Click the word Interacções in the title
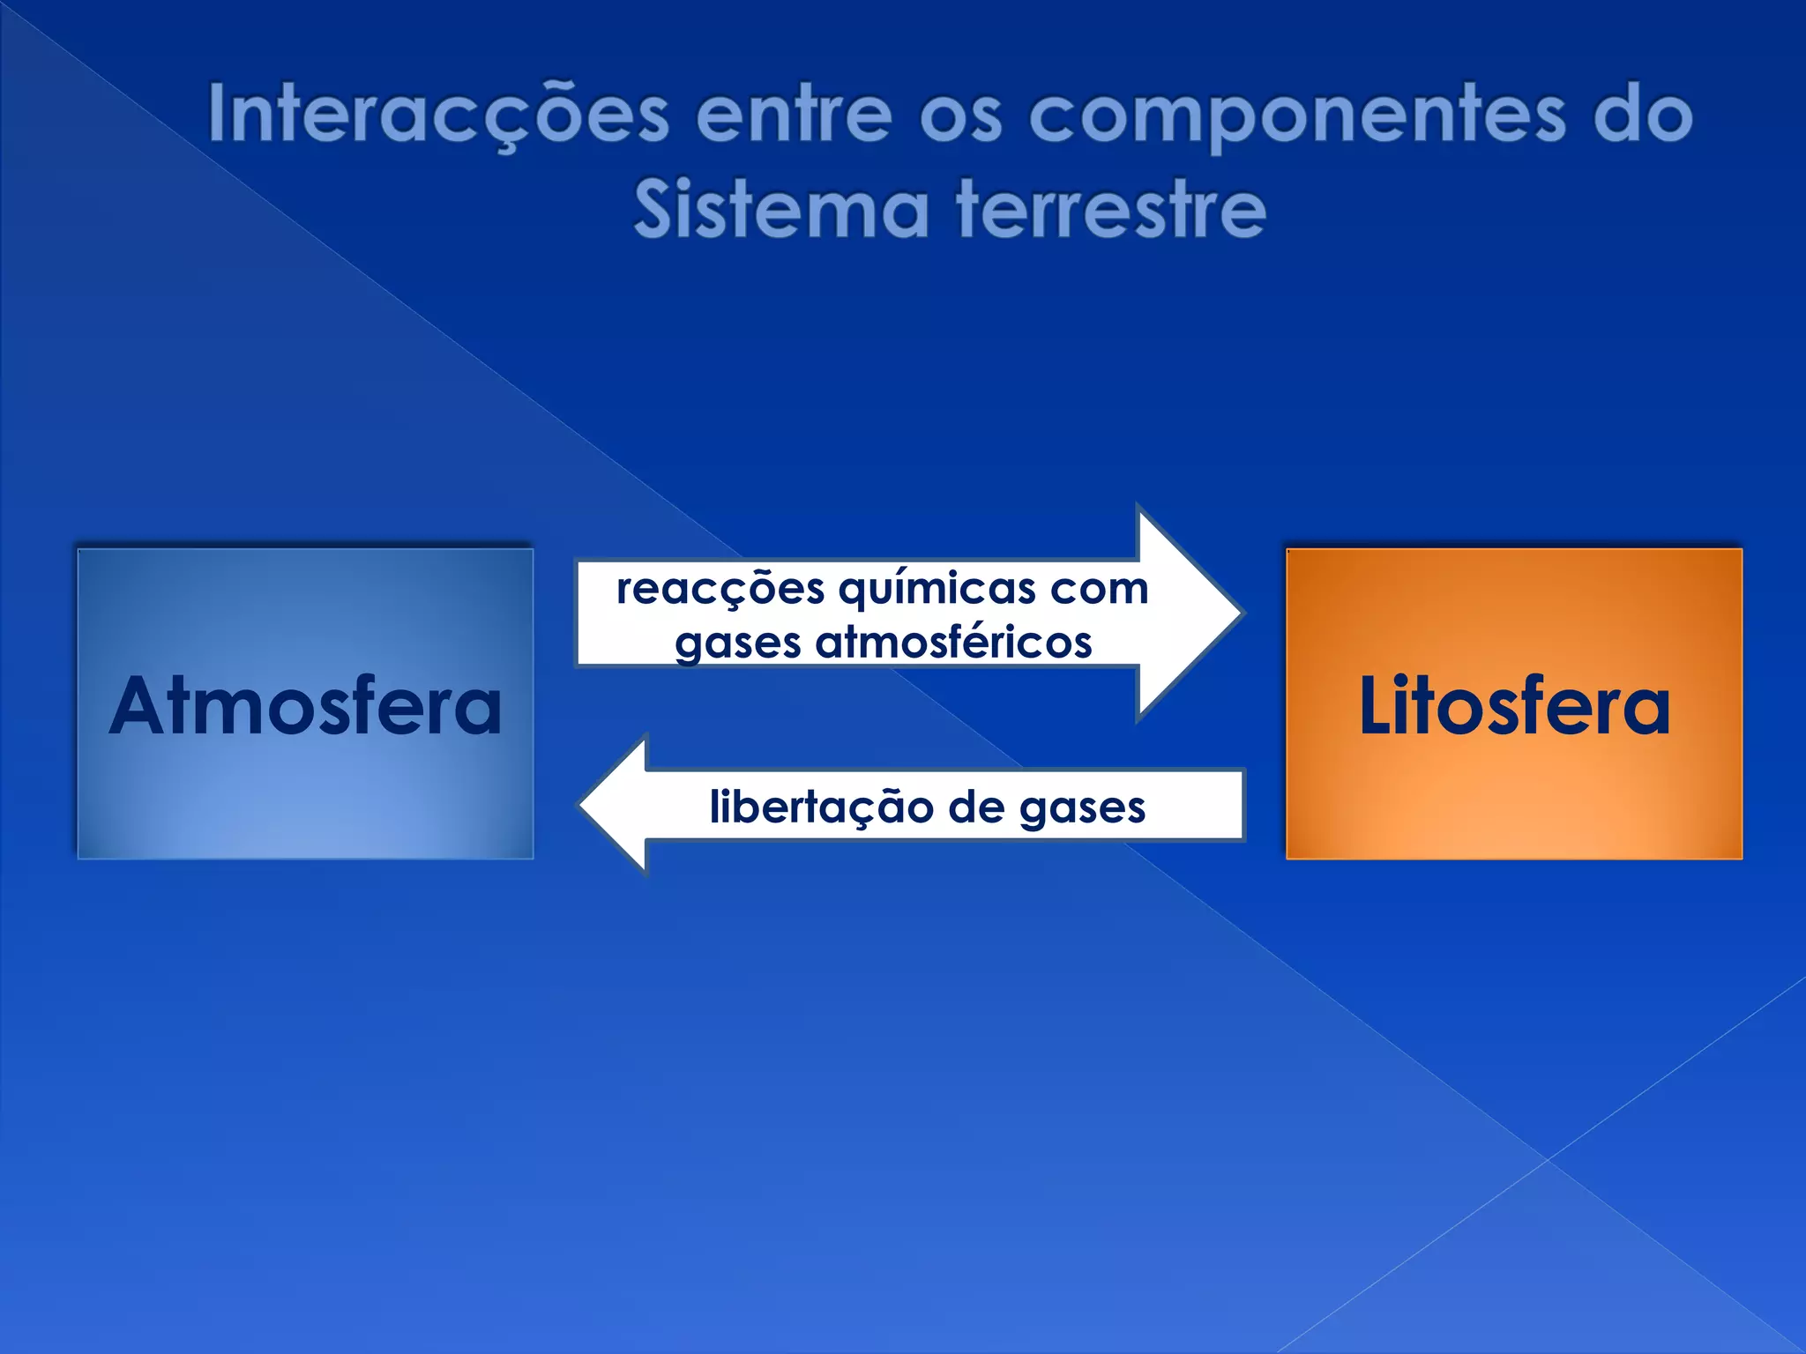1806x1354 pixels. tap(438, 115)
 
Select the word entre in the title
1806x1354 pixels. tap(794, 115)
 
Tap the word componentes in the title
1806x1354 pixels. tap(1297, 116)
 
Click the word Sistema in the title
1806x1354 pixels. tap(781, 210)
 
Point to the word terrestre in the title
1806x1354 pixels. tap(1111, 210)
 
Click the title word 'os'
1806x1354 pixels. tap(960, 116)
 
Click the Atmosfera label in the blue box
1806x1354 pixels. tap(305, 706)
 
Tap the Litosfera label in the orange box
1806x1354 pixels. tap(1514, 706)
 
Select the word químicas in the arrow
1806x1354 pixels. tap(937, 589)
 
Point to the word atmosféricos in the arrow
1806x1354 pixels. tap(953, 642)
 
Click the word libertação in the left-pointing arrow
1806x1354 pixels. tap(821, 807)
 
